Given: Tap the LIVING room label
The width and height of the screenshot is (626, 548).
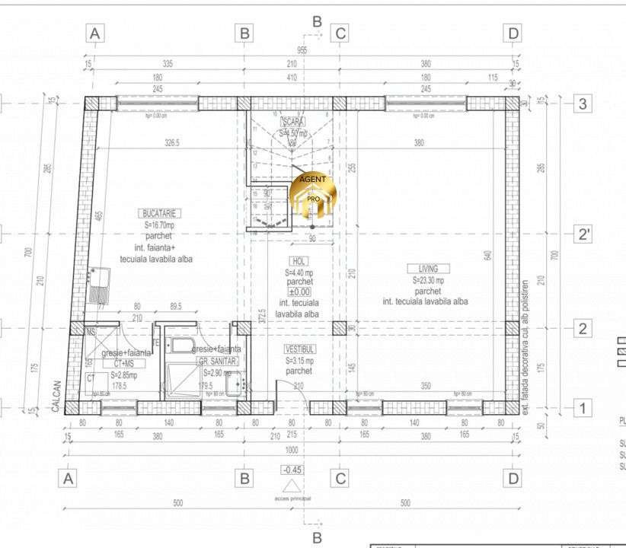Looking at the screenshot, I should (x=428, y=269).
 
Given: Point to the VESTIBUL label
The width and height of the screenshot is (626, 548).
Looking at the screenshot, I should (x=299, y=349).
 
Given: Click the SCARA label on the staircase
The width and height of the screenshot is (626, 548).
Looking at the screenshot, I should (x=293, y=122).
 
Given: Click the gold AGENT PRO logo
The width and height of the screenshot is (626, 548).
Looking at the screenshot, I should (x=312, y=196).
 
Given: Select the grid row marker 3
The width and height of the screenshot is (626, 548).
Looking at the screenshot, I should (x=583, y=104).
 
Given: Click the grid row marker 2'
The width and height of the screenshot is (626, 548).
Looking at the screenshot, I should (x=583, y=233).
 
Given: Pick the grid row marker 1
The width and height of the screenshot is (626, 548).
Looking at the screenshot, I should (x=583, y=408).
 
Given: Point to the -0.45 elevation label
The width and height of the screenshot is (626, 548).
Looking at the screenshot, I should (x=291, y=470).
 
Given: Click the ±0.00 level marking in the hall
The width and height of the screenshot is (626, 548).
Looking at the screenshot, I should (x=299, y=292).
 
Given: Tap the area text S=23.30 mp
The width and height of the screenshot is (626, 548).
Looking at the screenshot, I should (x=428, y=280).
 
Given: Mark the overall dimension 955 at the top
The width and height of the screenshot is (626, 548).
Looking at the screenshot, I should (x=302, y=51).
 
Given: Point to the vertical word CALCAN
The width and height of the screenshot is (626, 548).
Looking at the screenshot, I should (x=56, y=397).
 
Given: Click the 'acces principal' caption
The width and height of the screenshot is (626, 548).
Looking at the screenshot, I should (x=292, y=499).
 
